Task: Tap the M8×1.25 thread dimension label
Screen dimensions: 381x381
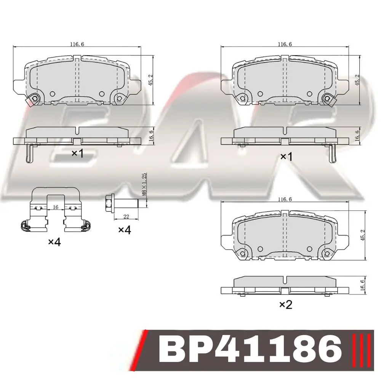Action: tap(144, 184)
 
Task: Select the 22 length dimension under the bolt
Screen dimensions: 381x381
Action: tap(126, 216)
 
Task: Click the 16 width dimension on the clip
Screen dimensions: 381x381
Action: tap(56, 207)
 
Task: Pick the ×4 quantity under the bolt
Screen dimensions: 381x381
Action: tap(125, 230)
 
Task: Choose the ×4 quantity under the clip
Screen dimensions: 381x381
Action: tap(54, 242)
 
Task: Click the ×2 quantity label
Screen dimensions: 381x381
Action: tap(286, 304)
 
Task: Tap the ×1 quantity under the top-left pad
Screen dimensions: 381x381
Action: tap(77, 153)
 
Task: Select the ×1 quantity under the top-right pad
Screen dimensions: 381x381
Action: tap(286, 157)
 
